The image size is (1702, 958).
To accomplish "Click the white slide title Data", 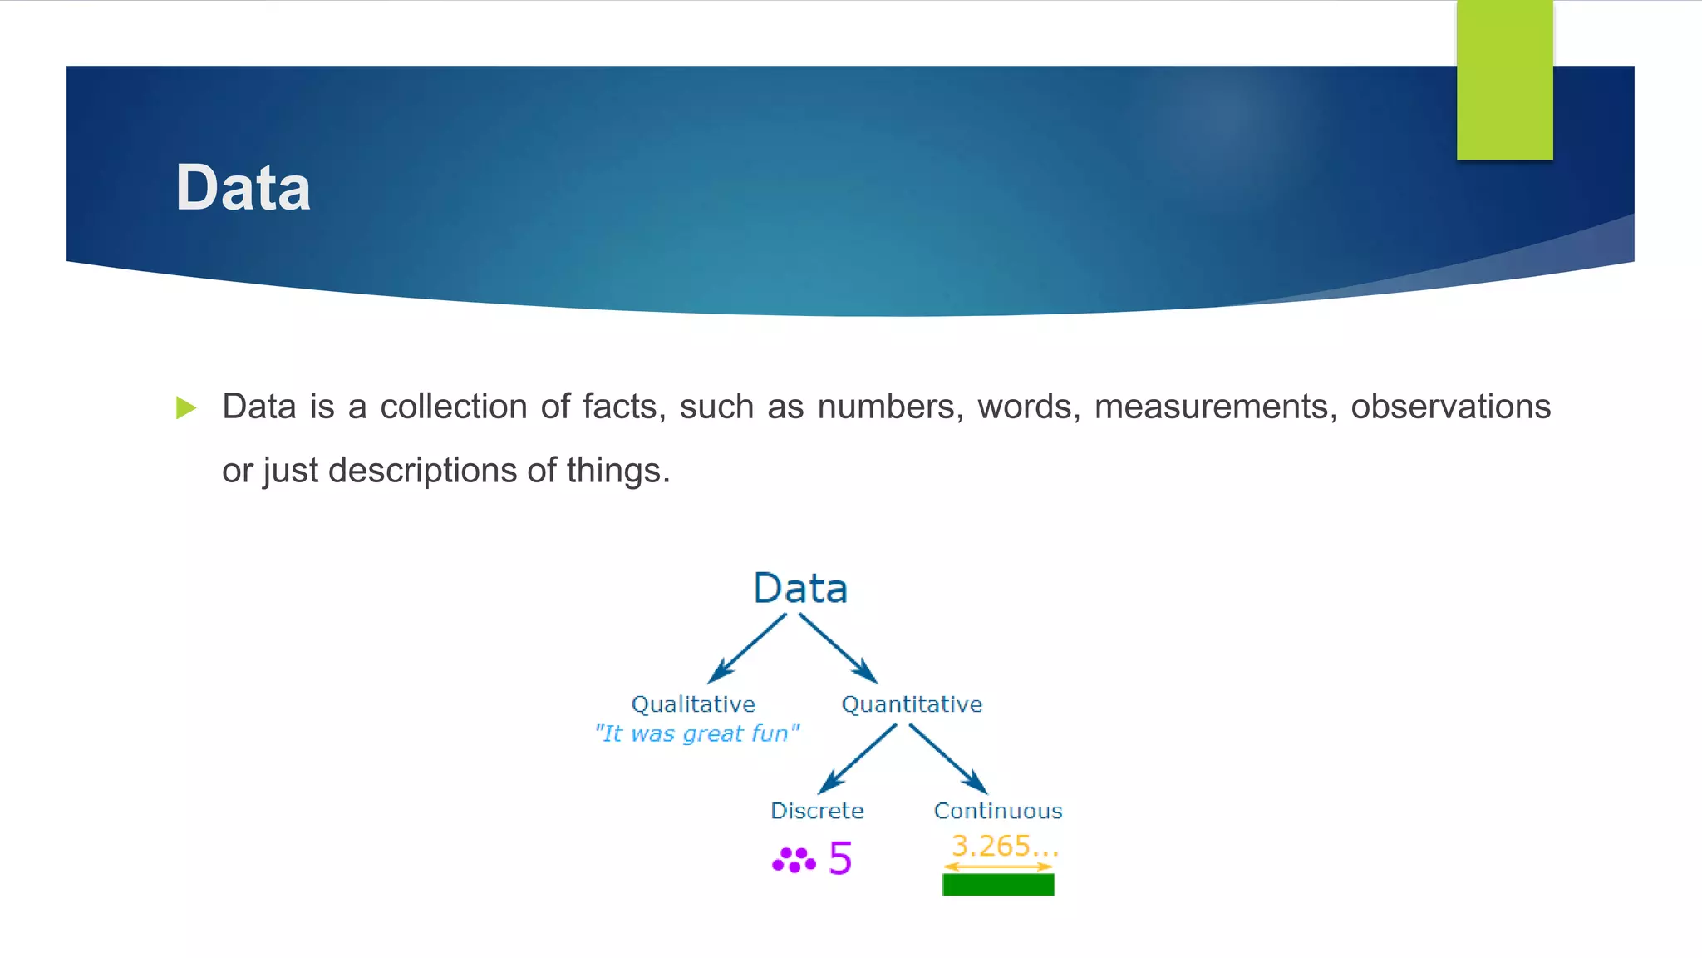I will tap(243, 188).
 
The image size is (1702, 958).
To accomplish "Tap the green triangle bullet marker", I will tap(186, 407).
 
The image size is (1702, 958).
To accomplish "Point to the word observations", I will tap(1450, 407).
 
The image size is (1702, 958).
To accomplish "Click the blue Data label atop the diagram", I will tap(800, 589).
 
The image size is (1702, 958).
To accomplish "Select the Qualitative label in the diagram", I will tap(693, 704).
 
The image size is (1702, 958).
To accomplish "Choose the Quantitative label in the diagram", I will tap(912, 704).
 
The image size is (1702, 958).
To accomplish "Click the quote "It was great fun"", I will tap(696, 733).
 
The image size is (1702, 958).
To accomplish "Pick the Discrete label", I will tap(817, 811).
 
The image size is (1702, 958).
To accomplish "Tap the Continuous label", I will tap(998, 811).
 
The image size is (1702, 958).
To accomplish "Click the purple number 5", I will tap(840, 858).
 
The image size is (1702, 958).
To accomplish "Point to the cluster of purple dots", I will tap(794, 860).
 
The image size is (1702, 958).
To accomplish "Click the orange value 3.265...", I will tap(1004, 846).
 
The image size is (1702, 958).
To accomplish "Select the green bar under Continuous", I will tap(998, 885).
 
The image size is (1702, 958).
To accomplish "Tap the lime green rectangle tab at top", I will tap(1504, 79).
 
